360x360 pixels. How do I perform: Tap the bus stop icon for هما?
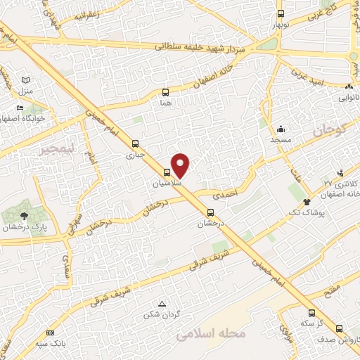tap(166, 92)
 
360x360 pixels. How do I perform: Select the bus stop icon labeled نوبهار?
tap(281, 14)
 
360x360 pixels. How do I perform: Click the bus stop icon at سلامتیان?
tap(167, 172)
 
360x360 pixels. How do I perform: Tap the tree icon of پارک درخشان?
tap(25, 216)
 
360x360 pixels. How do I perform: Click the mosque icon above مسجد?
tap(281, 129)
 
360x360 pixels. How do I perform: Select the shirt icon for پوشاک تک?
tap(307, 202)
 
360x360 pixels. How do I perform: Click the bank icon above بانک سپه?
tap(49, 333)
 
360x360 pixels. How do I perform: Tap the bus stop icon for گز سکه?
tap(311, 313)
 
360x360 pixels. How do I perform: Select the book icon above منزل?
tap(26, 81)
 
